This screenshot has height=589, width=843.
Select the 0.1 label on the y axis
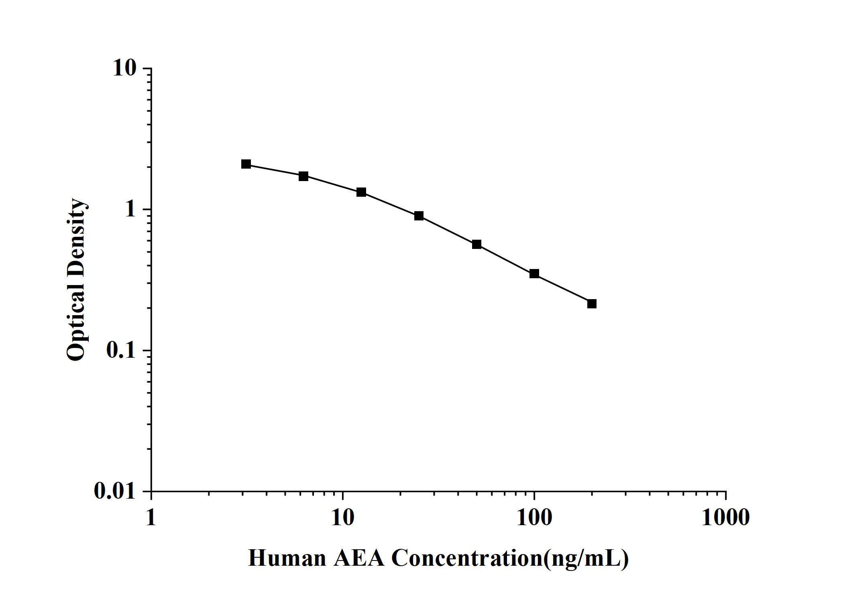[121, 350]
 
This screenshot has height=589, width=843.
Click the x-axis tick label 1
[151, 518]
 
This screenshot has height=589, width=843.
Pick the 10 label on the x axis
[343, 518]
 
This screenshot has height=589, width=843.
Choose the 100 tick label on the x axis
[534, 518]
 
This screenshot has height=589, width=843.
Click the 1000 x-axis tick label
[726, 518]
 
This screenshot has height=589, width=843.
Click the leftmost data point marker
[246, 164]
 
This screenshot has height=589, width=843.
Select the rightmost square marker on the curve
[592, 304]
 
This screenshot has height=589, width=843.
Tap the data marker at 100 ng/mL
[534, 274]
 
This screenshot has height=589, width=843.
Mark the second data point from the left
[303, 176]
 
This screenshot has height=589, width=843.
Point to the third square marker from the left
[361, 192]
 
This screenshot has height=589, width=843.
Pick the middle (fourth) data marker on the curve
[419, 216]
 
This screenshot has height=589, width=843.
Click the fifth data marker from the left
[476, 245]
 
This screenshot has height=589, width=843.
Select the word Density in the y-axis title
[76, 236]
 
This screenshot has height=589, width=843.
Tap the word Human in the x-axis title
[287, 558]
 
